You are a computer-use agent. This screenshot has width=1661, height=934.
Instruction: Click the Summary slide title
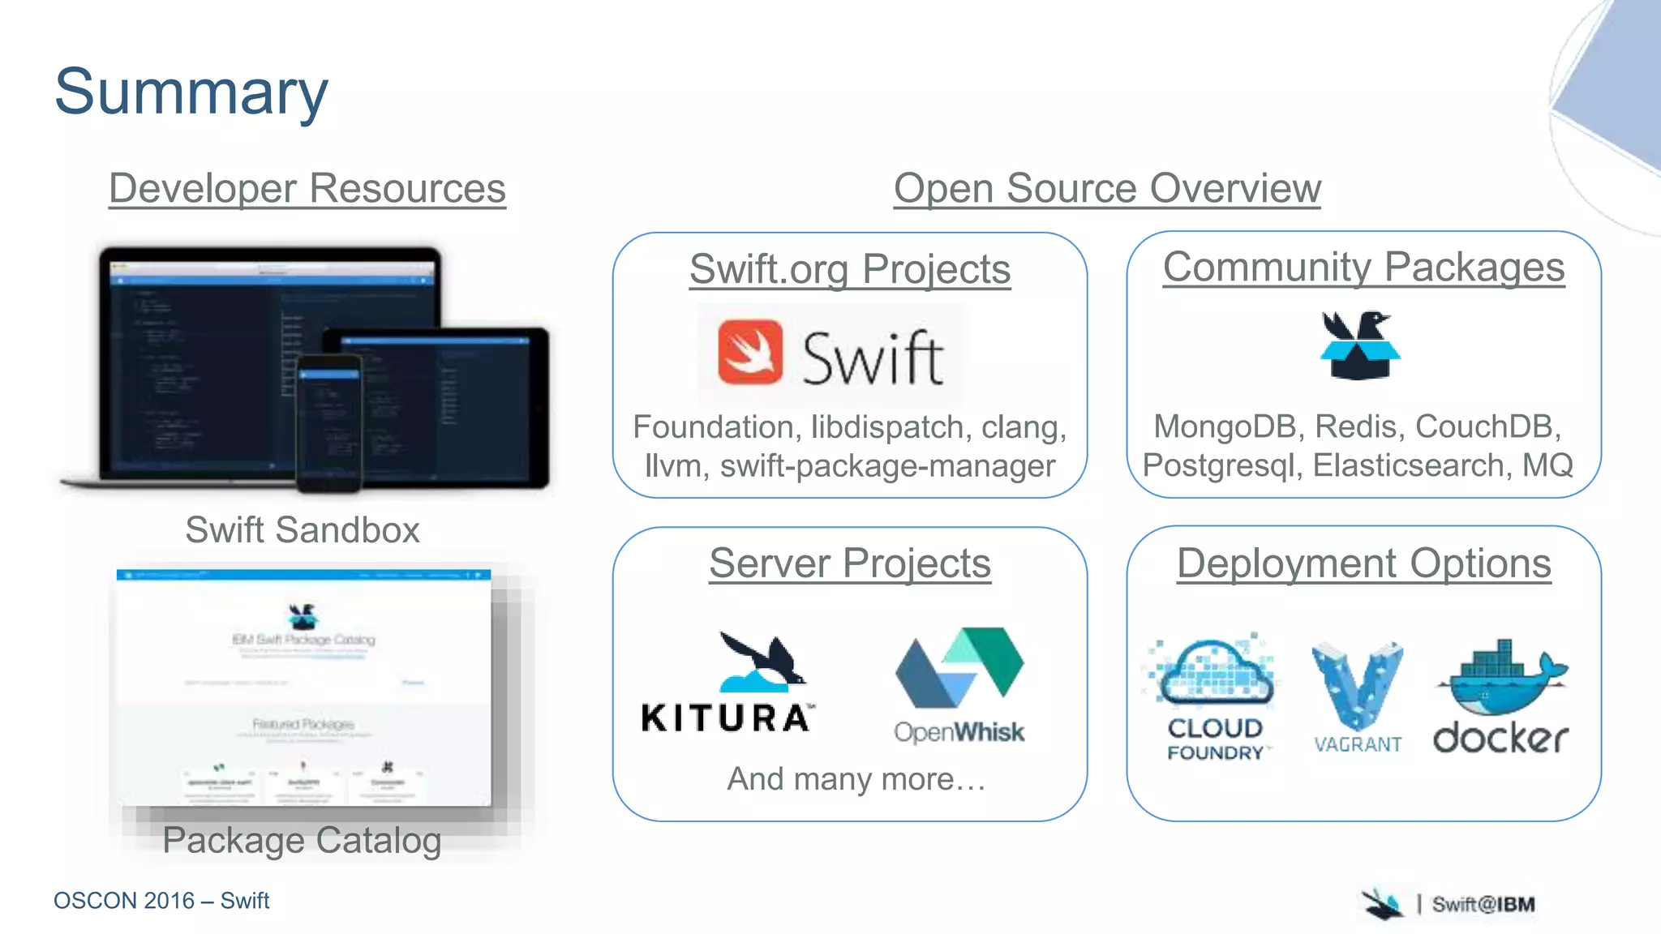pos(191,92)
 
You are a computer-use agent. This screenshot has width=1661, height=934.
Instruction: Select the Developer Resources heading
pos(307,188)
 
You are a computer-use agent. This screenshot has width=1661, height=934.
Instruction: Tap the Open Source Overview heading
pos(1107,188)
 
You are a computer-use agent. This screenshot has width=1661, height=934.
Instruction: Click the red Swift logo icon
pos(750,352)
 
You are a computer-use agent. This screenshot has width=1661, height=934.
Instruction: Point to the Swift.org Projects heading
pos(850,269)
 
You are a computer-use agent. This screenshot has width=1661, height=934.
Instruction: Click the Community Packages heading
pos(1363,267)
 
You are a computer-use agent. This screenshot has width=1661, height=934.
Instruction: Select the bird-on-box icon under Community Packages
pos(1359,345)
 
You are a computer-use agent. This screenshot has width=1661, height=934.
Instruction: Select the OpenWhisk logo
pos(959,685)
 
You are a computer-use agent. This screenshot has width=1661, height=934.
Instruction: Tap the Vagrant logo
pos(1358,697)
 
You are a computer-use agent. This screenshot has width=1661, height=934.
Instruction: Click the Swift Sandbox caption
pos(303,530)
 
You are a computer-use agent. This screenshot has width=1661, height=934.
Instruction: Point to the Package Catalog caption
pos(302,840)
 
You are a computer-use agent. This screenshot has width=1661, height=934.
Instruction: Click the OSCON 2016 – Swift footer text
pos(161,901)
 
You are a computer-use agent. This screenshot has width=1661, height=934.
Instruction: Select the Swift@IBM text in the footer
pos(1483,904)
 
